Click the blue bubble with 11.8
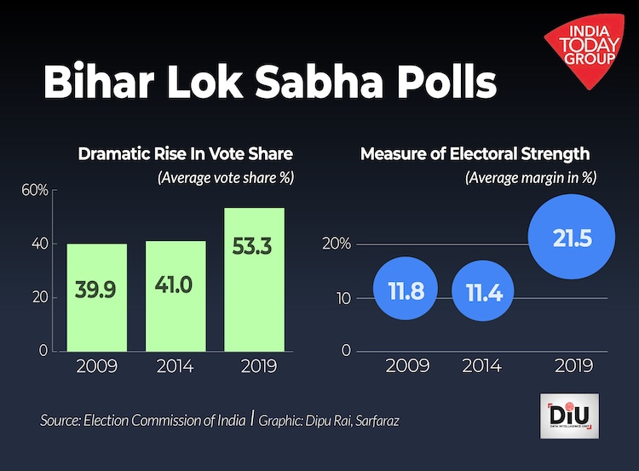click(x=406, y=291)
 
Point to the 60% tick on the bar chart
click(x=35, y=190)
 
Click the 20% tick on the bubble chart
click(x=337, y=244)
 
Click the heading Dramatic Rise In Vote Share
click(x=185, y=154)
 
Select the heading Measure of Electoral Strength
click(x=475, y=154)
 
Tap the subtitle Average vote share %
click(x=224, y=178)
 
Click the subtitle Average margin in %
click(x=530, y=178)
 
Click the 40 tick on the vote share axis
click(x=38, y=244)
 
